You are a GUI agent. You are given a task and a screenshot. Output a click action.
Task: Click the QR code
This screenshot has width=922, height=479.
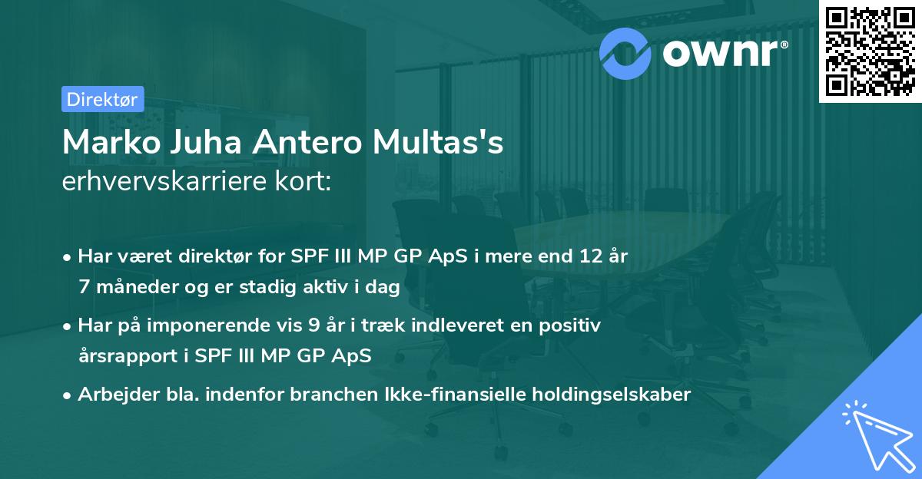pyautogui.click(x=870, y=51)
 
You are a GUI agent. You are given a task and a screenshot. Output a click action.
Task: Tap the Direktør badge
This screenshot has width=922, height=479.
pyautogui.click(x=102, y=99)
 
